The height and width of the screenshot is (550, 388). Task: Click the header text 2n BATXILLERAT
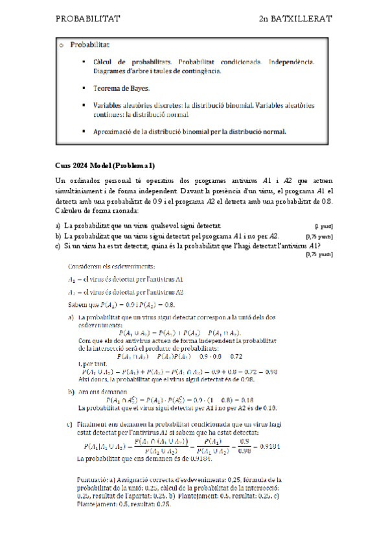(x=295, y=19)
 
